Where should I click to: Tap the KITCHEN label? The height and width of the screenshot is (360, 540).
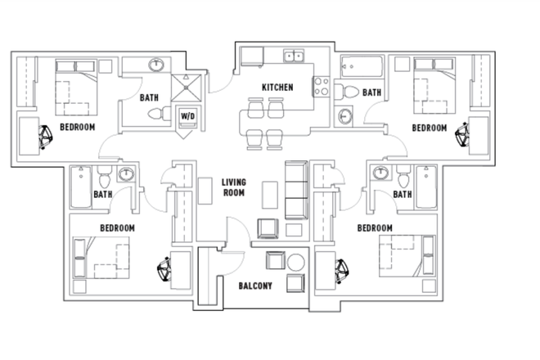(x=277, y=88)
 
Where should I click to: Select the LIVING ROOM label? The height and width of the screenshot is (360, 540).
(x=235, y=189)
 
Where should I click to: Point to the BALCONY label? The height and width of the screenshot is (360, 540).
(x=255, y=286)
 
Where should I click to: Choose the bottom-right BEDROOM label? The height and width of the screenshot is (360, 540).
(x=375, y=227)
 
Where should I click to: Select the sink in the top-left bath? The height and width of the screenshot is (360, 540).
(x=158, y=65)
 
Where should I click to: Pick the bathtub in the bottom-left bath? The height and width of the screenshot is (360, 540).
(x=79, y=187)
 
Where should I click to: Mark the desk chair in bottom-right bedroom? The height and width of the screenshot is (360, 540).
(x=339, y=268)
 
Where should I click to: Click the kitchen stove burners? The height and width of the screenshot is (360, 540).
(x=320, y=86)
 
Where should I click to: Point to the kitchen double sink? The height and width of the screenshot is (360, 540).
(x=293, y=56)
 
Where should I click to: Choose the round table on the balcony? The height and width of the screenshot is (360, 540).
(x=295, y=263)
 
